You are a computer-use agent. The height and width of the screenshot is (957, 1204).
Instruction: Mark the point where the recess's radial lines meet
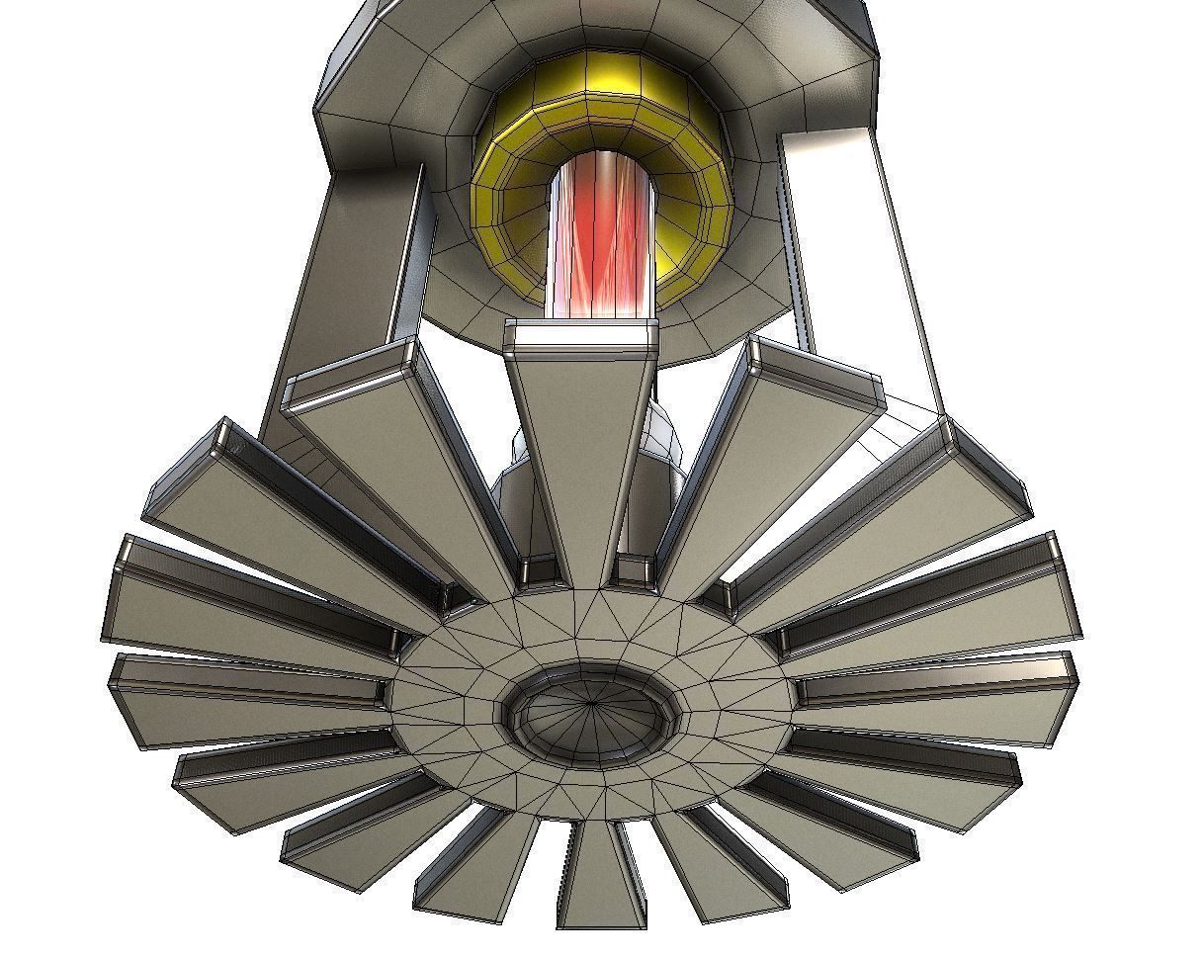[x=594, y=703]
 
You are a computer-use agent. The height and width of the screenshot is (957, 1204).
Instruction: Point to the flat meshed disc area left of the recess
[x=445, y=692]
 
